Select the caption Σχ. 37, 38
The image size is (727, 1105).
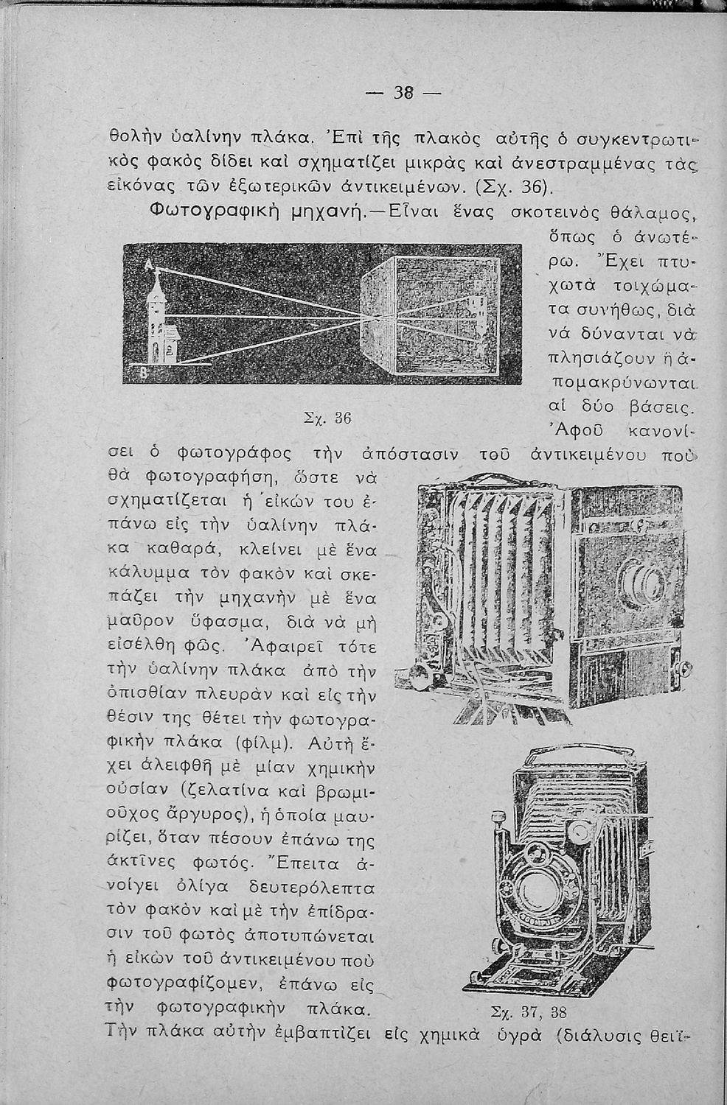click(x=528, y=1011)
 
